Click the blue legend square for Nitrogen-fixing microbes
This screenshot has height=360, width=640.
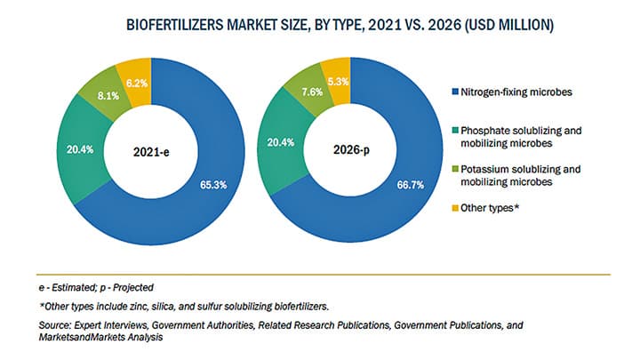[x=453, y=91]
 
